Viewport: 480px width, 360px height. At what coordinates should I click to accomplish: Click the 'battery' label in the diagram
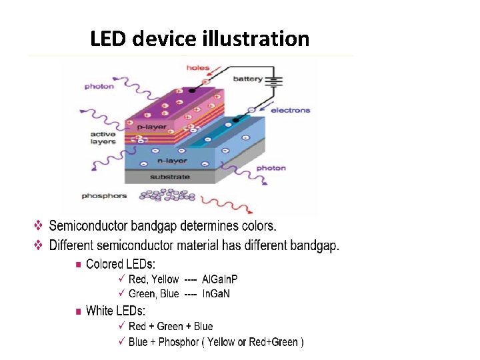[247, 79]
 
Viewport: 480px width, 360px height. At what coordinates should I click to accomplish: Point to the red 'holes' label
[198, 67]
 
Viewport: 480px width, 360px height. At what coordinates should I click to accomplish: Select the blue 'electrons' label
[291, 110]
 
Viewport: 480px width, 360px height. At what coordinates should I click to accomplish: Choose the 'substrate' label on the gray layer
[169, 177]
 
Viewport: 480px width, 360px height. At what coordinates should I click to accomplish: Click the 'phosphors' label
[104, 195]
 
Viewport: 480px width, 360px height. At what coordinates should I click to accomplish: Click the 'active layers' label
[103, 138]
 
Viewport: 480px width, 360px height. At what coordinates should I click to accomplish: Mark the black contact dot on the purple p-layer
[193, 90]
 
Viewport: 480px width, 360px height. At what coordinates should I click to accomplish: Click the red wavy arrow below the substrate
[223, 200]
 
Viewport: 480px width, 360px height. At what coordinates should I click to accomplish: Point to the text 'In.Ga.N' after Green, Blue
[215, 293]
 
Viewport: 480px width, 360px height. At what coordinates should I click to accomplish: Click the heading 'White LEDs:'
[115, 311]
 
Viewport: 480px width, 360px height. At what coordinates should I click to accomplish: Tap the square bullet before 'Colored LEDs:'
[79, 265]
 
